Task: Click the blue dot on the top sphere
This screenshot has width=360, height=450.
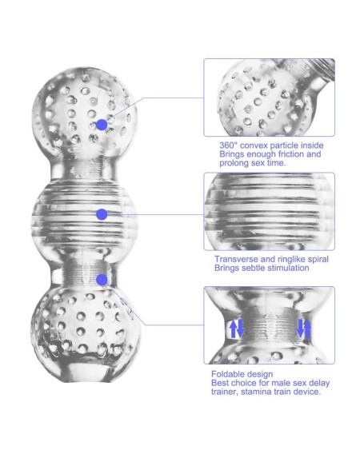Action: [102, 125]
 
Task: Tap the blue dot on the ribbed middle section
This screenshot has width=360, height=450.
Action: [101, 213]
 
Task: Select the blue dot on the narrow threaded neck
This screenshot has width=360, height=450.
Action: [102, 279]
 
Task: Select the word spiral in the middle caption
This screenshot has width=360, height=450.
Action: [315, 260]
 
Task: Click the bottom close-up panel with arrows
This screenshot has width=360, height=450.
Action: [269, 325]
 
